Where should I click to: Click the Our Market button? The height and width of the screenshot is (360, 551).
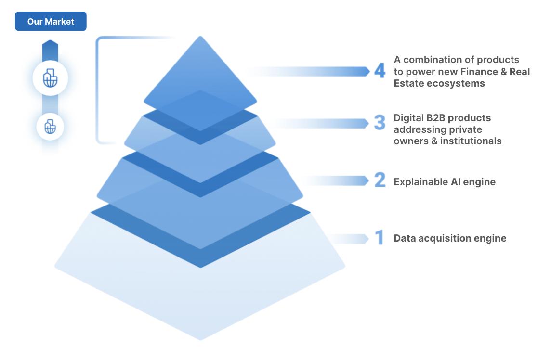click(x=51, y=22)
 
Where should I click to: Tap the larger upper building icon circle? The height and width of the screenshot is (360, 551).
click(x=50, y=78)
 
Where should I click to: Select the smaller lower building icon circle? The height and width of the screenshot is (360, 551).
click(x=50, y=127)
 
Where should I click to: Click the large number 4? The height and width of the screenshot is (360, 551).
click(x=380, y=71)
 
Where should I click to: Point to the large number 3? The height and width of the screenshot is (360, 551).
click(x=380, y=123)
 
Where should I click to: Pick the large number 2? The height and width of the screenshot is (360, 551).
click(x=380, y=180)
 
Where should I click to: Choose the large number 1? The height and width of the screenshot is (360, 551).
click(x=380, y=238)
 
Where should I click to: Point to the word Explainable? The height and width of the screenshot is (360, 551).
click(x=420, y=182)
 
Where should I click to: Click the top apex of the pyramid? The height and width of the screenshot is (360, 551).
click(x=200, y=38)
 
